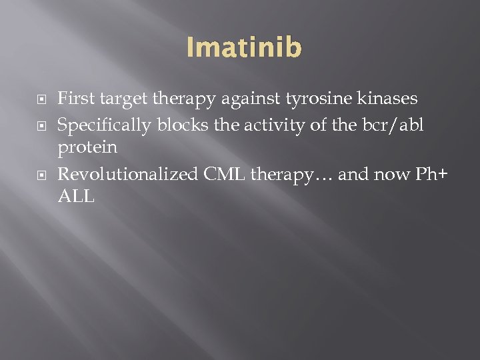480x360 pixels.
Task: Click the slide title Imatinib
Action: click(x=244, y=47)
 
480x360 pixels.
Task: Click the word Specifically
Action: click(x=102, y=125)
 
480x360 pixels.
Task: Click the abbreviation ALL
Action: click(x=77, y=197)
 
